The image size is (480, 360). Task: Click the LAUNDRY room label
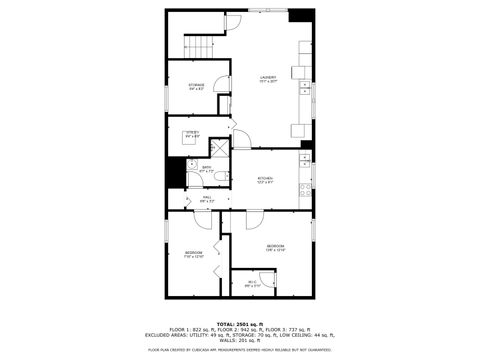point(268,78)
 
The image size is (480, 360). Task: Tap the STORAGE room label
point(197,86)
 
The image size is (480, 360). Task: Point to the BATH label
point(207,169)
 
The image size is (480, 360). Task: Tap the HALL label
point(207,198)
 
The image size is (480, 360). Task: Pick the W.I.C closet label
point(252,283)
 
